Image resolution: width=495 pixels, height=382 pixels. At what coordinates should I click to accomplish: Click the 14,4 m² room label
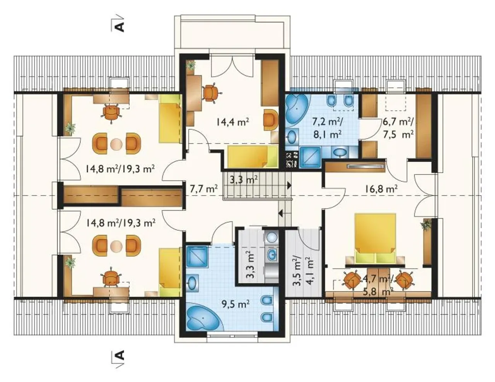[x=232, y=122]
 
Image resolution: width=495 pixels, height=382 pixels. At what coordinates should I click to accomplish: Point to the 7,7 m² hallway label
[x=204, y=188]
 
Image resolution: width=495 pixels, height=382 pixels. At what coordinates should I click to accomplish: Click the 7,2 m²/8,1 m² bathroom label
[x=327, y=128]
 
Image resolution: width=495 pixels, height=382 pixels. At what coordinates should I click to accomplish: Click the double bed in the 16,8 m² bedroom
[x=375, y=238]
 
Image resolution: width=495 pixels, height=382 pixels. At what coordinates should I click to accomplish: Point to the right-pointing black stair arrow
[x=289, y=185]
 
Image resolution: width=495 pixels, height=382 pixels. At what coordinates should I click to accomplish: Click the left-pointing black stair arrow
[x=281, y=214]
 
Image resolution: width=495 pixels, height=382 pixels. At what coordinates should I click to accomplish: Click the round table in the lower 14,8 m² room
[x=116, y=247]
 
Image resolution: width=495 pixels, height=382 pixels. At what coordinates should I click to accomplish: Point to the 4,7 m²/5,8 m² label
[x=376, y=286]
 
